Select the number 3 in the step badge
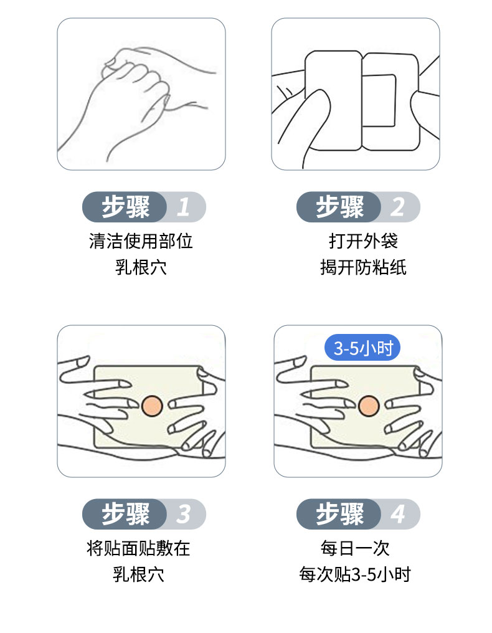tap(183, 515)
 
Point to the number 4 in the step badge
tap(397, 515)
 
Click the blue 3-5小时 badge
tap(363, 348)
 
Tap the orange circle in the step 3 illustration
tap(151, 405)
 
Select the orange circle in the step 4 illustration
tap(368, 405)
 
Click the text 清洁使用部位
tap(141, 241)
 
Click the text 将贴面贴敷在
tap(138, 548)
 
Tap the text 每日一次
tap(355, 548)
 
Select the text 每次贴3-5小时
tap(355, 574)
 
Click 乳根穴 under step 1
tap(141, 267)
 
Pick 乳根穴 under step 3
tap(138, 574)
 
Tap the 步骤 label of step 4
tap(340, 515)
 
